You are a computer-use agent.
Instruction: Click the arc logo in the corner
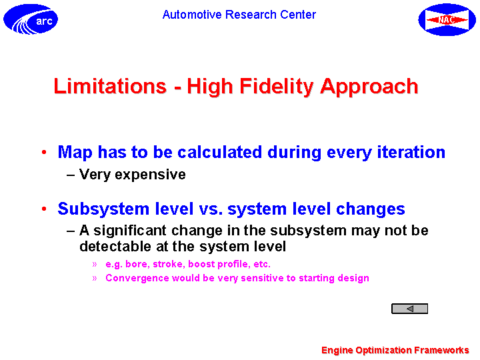tap(31, 19)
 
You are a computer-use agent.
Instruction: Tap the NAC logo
tap(447, 19)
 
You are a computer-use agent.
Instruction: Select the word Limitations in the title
tap(110, 86)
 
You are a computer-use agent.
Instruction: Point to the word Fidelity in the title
tap(277, 87)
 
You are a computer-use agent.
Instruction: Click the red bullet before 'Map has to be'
tap(44, 152)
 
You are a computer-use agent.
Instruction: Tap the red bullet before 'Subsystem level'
tap(44, 209)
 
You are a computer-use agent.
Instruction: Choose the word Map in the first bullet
tap(75, 152)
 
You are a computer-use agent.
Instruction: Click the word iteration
tap(411, 152)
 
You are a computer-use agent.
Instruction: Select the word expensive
tap(150, 175)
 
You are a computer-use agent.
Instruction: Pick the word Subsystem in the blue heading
tap(103, 209)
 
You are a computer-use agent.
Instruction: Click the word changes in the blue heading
tap(371, 209)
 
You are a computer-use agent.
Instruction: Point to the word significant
tap(130, 231)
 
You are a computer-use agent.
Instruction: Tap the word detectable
tap(115, 247)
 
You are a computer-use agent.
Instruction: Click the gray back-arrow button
tap(409, 309)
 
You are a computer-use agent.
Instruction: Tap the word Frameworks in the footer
tap(441, 350)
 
